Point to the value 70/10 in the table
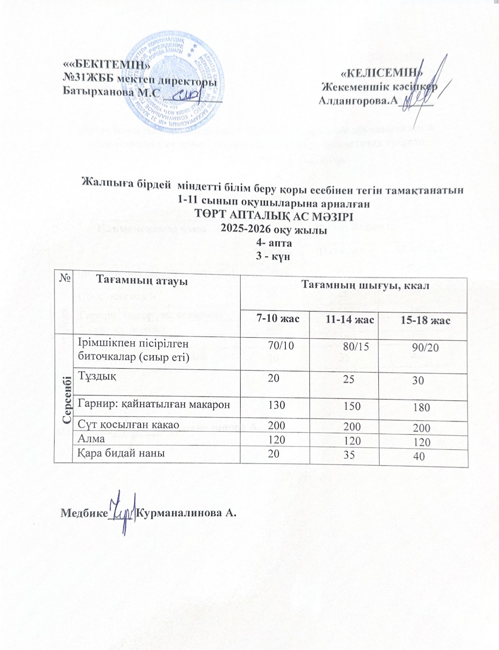[281, 346]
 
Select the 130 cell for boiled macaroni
[277, 405]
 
